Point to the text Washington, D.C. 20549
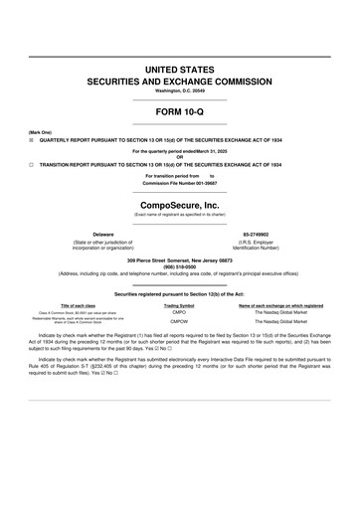[x=179, y=90]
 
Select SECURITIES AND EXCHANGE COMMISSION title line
[x=179, y=78]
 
